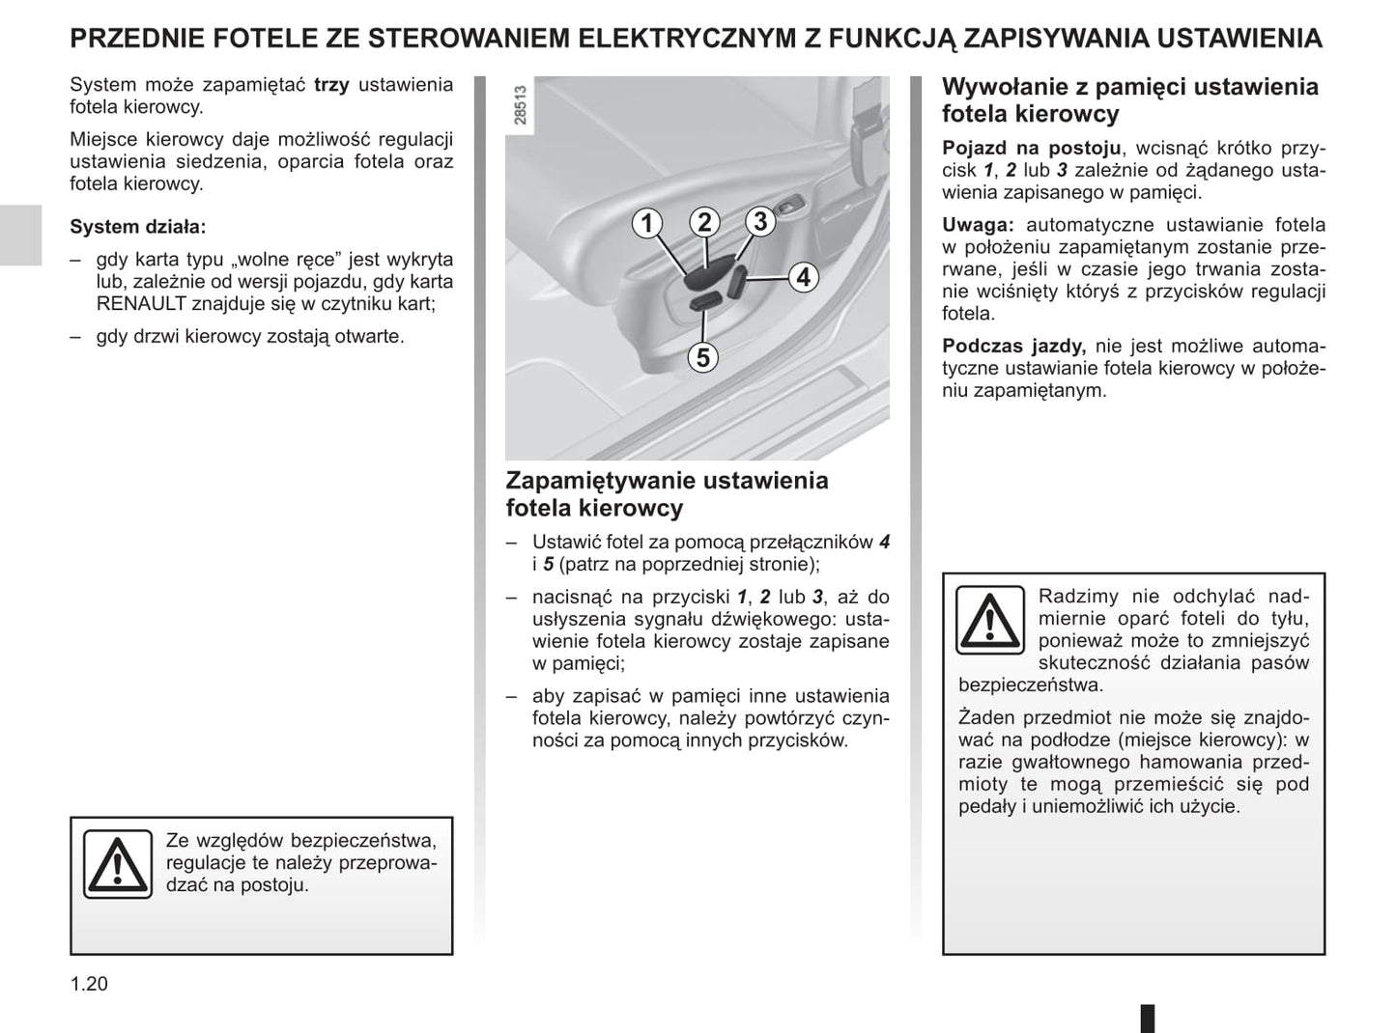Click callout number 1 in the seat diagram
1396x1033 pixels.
tap(647, 223)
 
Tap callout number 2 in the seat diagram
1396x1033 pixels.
tap(704, 222)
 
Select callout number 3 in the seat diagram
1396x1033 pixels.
tap(760, 221)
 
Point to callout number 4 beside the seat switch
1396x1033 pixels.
tap(804, 277)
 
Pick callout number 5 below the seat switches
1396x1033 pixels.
tap(703, 357)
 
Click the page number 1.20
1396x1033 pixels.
tap(89, 984)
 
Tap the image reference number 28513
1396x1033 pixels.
tap(522, 105)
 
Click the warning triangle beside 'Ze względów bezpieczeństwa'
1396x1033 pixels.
tap(117, 864)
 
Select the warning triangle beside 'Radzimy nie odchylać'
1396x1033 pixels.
tap(990, 619)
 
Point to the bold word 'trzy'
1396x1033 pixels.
tap(331, 84)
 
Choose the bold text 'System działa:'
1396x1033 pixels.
tap(138, 227)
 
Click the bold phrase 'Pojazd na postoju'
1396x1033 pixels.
tap(1032, 148)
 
